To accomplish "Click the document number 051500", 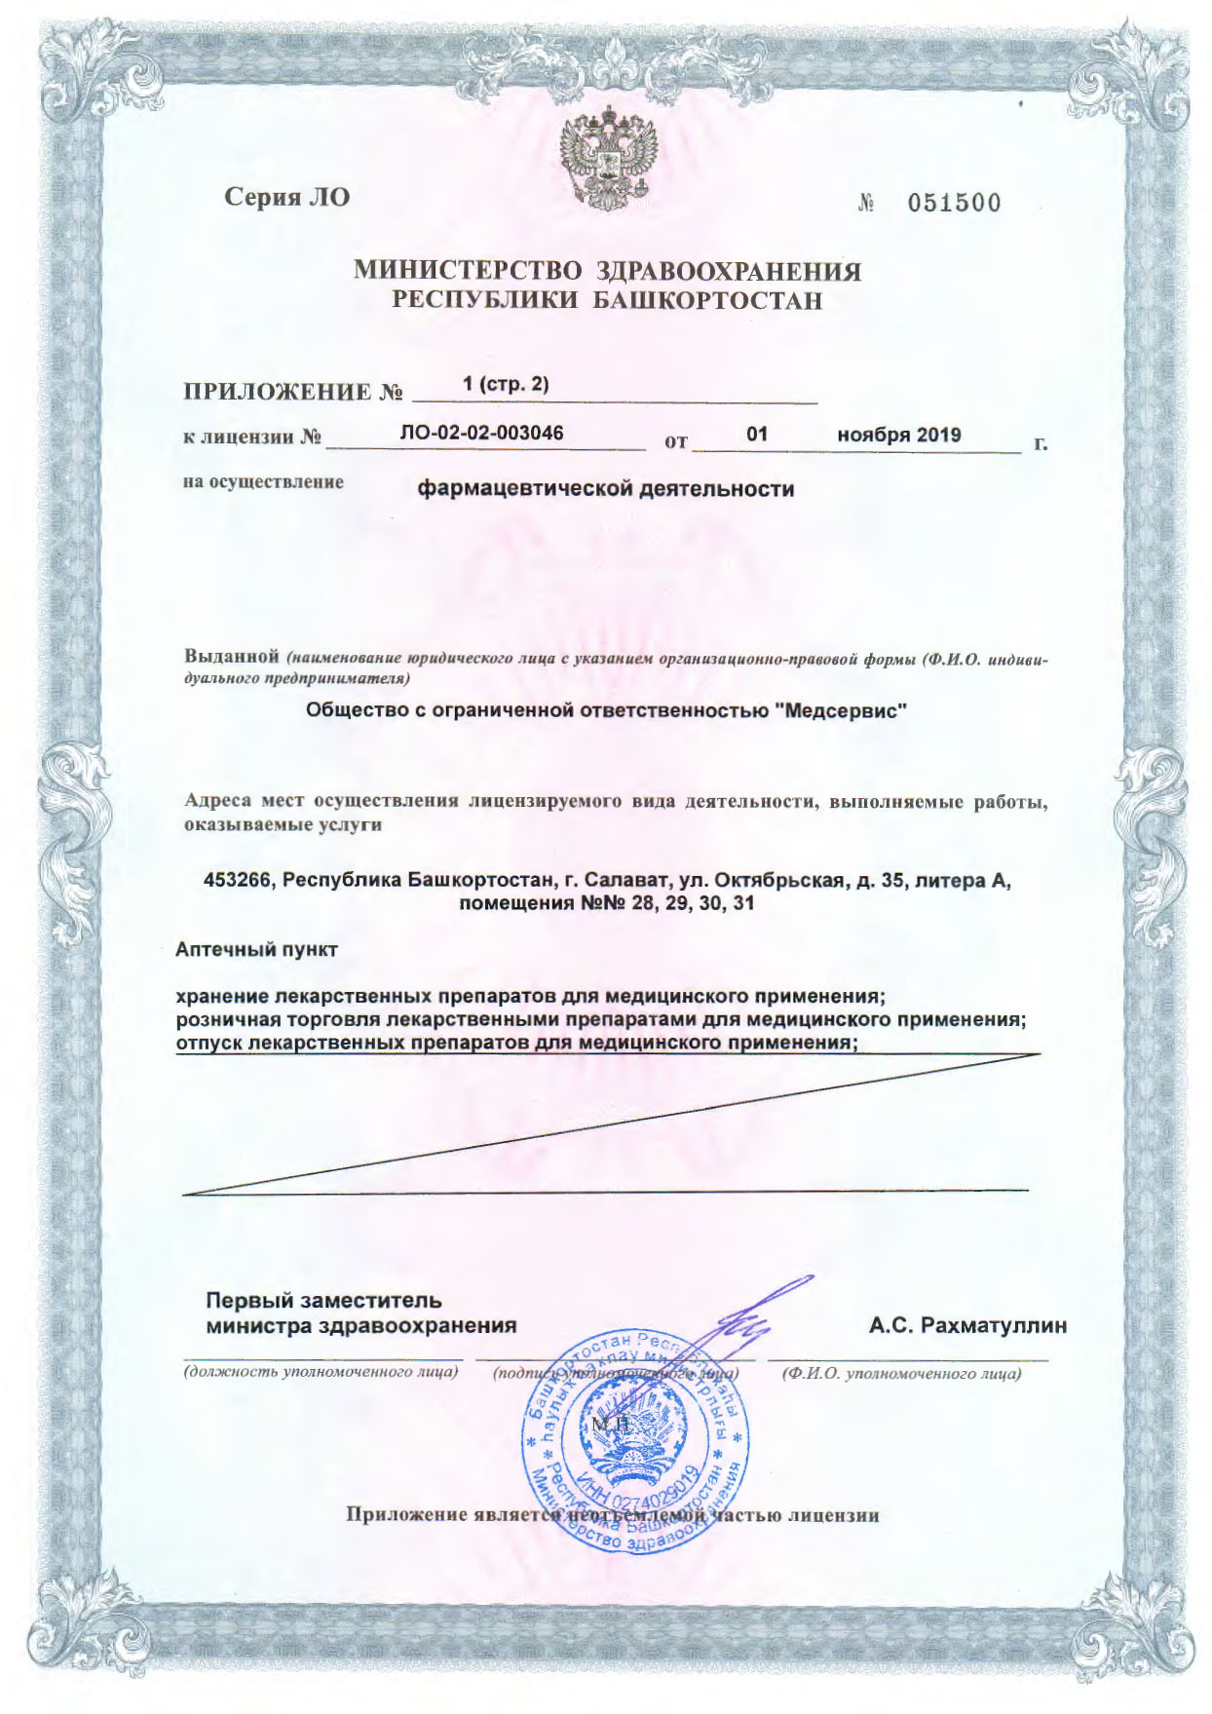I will tap(953, 203).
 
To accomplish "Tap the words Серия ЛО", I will tap(286, 198).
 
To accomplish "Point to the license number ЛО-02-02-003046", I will tap(481, 433).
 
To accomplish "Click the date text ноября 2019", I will tap(898, 435).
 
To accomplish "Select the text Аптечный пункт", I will tap(256, 949).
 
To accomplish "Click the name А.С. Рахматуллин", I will tap(967, 1325).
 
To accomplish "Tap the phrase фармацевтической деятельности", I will tap(605, 488).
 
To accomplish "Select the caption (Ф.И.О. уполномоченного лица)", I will tap(901, 1374).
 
